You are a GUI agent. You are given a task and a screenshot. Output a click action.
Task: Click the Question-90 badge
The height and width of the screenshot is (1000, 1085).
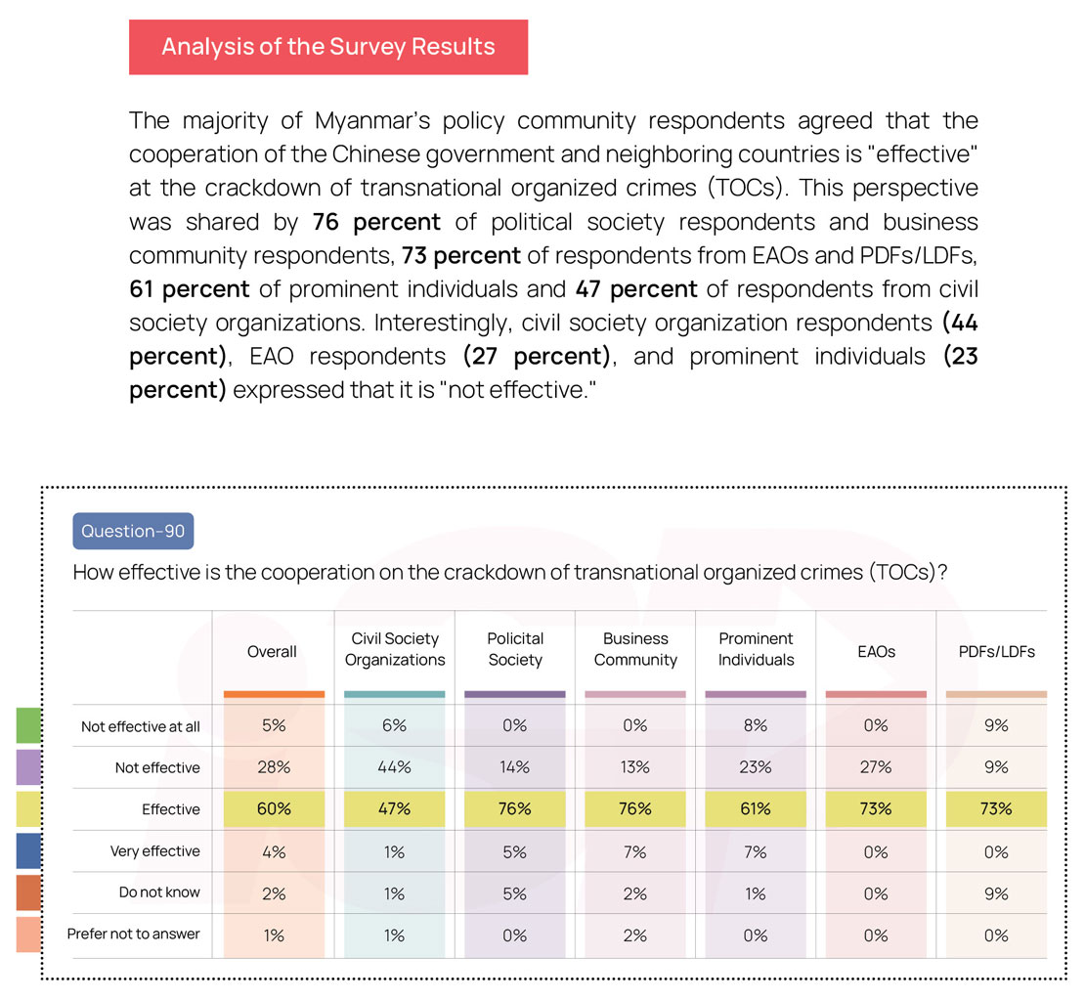133,531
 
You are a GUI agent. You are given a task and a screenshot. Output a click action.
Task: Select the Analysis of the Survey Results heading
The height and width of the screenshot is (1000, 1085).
328,47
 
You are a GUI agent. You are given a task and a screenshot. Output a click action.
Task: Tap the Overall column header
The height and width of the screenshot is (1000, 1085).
273,651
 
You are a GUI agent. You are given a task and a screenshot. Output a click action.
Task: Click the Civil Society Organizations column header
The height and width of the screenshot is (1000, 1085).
395,649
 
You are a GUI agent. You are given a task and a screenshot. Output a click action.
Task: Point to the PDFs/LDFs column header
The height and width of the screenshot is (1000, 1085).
996,651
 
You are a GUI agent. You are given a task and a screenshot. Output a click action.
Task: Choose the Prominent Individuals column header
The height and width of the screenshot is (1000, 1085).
756,649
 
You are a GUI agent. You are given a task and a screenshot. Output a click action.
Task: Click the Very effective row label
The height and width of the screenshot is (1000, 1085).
154,851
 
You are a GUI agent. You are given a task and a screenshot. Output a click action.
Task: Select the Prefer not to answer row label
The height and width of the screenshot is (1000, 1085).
134,934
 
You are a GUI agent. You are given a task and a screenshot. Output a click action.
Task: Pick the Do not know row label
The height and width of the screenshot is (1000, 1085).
159,892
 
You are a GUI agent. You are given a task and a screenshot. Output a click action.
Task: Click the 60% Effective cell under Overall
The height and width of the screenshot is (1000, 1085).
274,809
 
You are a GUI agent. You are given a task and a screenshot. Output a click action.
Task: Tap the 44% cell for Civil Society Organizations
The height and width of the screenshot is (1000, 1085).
394,767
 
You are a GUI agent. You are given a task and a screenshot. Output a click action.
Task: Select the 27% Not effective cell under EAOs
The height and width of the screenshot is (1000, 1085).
876,767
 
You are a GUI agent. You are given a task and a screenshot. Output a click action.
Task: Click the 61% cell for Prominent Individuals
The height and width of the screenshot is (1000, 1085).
756,809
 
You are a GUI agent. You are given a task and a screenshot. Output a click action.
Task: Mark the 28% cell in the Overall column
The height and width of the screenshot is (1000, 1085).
274,767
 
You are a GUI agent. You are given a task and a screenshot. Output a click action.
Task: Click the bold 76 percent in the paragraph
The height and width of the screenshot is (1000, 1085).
376,222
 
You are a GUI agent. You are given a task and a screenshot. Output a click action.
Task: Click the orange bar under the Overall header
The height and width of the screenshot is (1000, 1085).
274,694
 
